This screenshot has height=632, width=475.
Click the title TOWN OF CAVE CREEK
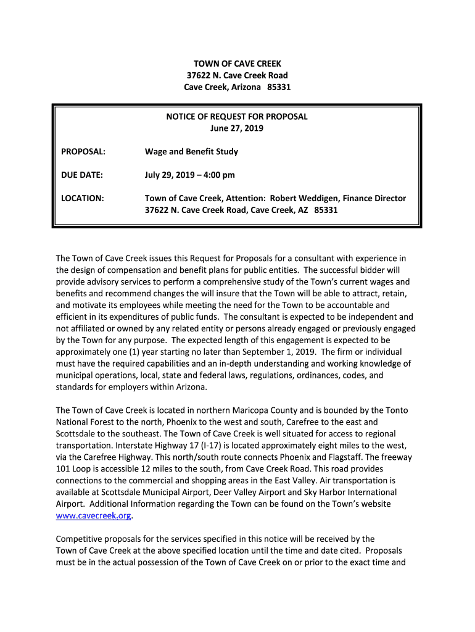(x=238, y=64)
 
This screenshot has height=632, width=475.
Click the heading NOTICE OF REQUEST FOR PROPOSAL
(x=237, y=117)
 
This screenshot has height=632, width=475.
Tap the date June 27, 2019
(x=237, y=128)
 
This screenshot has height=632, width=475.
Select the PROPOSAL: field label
(x=83, y=152)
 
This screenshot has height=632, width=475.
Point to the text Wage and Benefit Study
(x=191, y=152)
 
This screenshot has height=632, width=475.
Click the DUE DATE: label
(x=82, y=175)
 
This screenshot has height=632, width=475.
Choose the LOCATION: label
(x=83, y=199)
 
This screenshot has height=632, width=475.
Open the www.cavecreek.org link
(x=94, y=517)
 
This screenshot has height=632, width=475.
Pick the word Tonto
(x=396, y=410)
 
